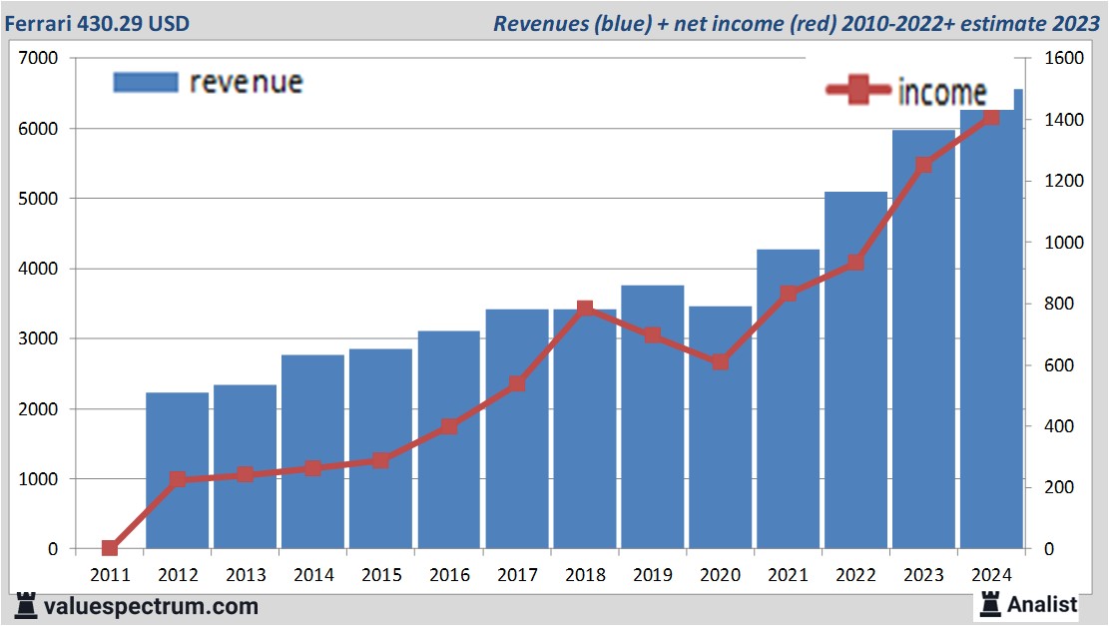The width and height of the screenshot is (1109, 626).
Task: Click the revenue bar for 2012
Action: (178, 470)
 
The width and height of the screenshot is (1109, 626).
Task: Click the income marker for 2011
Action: (110, 548)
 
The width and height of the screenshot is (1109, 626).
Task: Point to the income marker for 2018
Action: (585, 309)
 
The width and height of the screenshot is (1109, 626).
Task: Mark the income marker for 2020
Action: (721, 361)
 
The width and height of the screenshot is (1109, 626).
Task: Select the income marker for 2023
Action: (924, 165)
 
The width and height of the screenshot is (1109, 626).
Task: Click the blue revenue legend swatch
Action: (146, 82)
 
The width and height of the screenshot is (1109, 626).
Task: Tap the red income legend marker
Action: (857, 92)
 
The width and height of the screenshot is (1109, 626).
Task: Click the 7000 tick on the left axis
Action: (39, 58)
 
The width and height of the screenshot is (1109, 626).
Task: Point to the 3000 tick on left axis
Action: (39, 338)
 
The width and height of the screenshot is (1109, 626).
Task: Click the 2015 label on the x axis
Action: (381, 575)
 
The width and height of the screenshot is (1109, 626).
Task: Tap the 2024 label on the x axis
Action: (992, 575)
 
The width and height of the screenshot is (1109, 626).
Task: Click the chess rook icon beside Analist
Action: (990, 603)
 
